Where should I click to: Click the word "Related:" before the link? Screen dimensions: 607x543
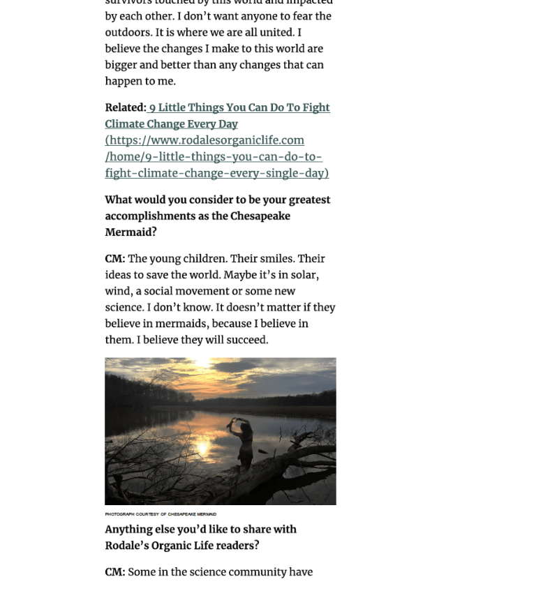click(x=126, y=107)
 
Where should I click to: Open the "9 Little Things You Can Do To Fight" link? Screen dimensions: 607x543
click(x=239, y=107)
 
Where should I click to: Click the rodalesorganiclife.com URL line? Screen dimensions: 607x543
click(x=204, y=140)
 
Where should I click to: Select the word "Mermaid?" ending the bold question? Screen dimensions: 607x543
click(x=131, y=232)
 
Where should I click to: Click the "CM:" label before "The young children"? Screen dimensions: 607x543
click(x=115, y=259)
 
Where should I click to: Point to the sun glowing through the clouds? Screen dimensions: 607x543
click(x=202, y=377)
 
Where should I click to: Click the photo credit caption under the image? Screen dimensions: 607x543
click(x=161, y=514)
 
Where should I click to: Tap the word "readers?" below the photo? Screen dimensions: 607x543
click(x=236, y=546)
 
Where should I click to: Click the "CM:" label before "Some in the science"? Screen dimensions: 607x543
click(x=115, y=572)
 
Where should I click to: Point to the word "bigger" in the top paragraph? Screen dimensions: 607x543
click(x=121, y=65)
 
